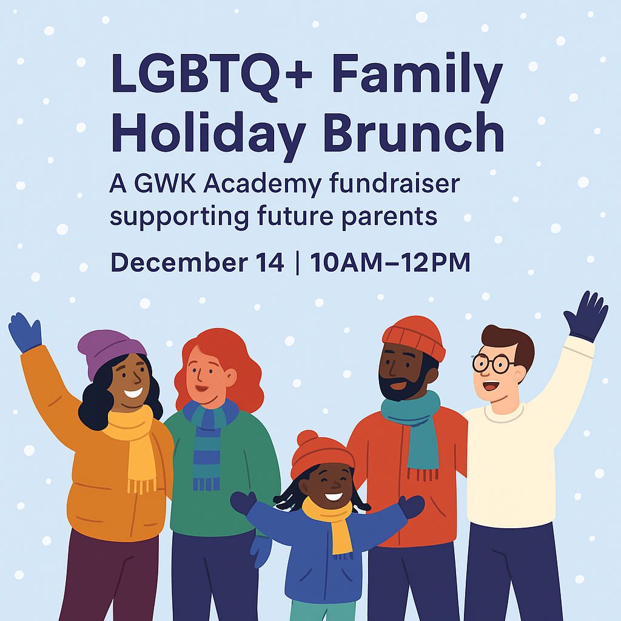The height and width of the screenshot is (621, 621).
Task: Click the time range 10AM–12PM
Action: click(x=391, y=263)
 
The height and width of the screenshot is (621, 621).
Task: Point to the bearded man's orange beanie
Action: click(x=414, y=335)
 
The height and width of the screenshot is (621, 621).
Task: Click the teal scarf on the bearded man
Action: click(x=416, y=425)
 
